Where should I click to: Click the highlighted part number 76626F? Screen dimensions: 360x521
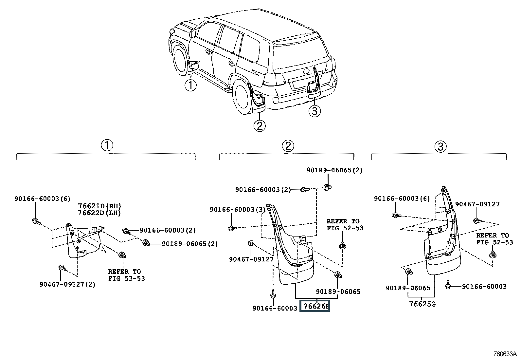(315, 306)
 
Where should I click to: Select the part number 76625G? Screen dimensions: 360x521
(422, 304)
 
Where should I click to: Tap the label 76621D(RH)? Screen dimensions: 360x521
(99, 206)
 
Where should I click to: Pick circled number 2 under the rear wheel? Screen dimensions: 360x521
(259, 125)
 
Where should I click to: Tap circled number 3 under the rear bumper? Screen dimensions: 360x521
(314, 111)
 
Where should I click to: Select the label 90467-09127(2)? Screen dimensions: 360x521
(67, 284)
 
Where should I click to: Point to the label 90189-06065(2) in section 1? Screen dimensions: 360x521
(189, 244)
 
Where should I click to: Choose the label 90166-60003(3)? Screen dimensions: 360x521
(237, 209)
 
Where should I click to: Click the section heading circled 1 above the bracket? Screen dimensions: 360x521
(107, 145)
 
